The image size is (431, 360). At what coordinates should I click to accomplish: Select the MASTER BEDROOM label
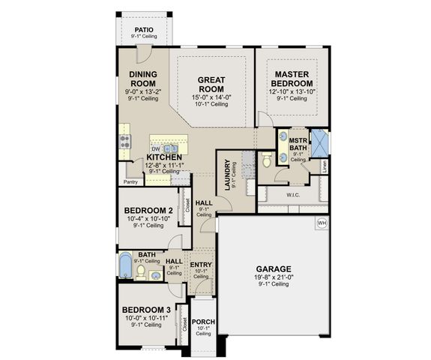pyautogui.click(x=292, y=79)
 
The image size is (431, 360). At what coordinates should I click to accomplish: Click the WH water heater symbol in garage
pyautogui.click(x=322, y=223)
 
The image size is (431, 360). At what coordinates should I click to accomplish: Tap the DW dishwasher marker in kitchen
pyautogui.click(x=157, y=149)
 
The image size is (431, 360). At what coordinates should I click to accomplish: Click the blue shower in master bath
pyautogui.click(x=321, y=142)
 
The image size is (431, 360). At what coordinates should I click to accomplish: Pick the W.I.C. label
pyautogui.click(x=293, y=196)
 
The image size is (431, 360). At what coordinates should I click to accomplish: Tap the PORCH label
pyautogui.click(x=203, y=322)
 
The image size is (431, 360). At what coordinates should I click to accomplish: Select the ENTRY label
pyautogui.click(x=200, y=265)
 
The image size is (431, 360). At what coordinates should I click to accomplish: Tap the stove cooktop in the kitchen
pyautogui.click(x=123, y=140)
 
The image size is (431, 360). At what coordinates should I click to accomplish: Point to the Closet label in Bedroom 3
pyautogui.click(x=184, y=324)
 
